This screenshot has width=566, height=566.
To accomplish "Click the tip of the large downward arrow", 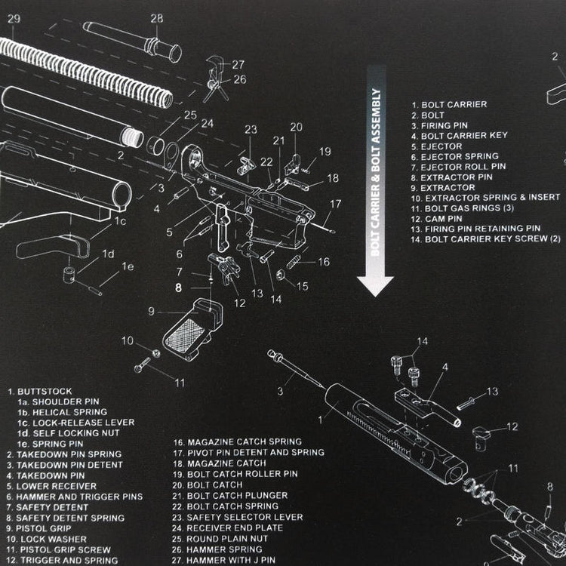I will [x=375, y=292].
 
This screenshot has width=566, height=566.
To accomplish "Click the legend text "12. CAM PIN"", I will [x=437, y=218].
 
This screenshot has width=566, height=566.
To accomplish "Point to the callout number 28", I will [x=156, y=18].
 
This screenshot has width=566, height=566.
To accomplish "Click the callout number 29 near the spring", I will [x=14, y=20].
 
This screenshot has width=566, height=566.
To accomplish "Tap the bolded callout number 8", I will [x=179, y=287].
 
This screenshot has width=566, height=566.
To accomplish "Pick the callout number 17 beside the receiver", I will [x=335, y=204].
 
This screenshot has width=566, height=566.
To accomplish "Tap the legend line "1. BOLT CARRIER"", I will [x=449, y=105].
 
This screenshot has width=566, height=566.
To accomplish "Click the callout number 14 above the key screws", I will [x=422, y=342].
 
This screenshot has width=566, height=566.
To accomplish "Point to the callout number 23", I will [x=251, y=129].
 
